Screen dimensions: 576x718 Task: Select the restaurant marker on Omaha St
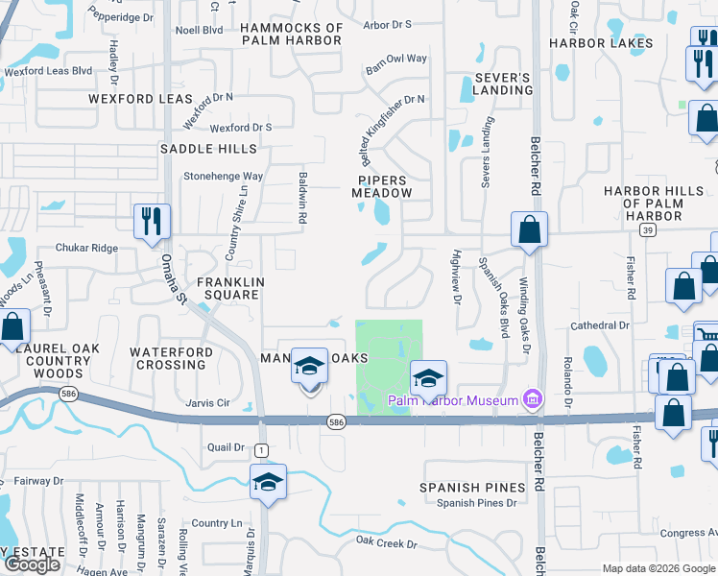point(152,222)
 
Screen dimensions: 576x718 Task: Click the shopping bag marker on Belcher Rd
point(529,230)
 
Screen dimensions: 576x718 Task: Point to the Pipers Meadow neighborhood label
point(382,186)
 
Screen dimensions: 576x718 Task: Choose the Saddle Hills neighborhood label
point(208,149)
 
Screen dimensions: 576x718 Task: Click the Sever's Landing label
point(503,84)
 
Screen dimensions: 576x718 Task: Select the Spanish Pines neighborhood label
point(472,488)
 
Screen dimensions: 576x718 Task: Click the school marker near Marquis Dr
point(269,483)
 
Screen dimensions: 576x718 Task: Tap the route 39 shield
point(649,230)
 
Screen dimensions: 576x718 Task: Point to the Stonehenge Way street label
point(224,177)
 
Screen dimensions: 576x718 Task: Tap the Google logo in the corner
point(32,564)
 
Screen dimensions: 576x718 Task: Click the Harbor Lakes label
point(601,43)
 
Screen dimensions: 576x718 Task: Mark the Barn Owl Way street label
point(395,59)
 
